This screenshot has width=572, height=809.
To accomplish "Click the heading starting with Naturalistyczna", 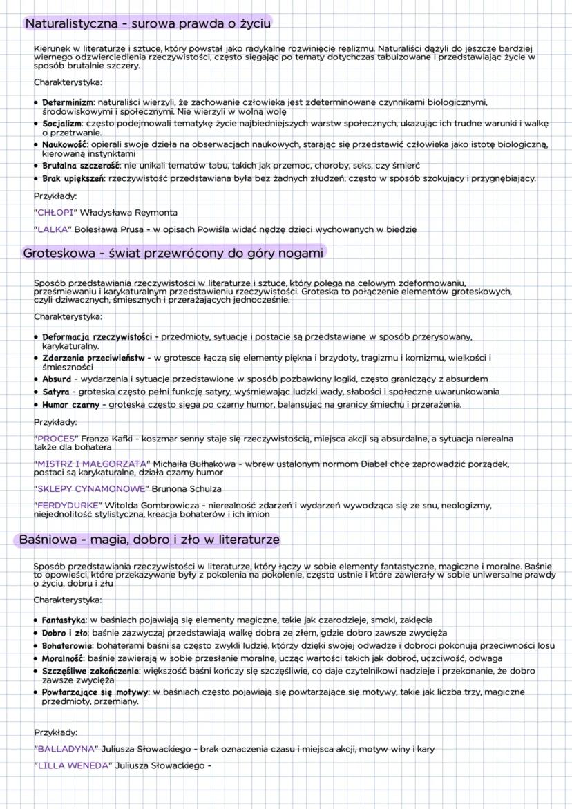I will pyautogui.click(x=148, y=23).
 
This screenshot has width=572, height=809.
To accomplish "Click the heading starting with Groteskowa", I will pyautogui.click(x=173, y=253).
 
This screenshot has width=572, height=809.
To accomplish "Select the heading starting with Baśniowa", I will pyautogui.click(x=149, y=539).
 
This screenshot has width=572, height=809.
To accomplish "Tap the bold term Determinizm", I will pyautogui.click(x=68, y=102).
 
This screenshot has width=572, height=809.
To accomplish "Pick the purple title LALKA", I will pyautogui.click(x=53, y=229).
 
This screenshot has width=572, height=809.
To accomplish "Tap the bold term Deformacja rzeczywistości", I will pyautogui.click(x=97, y=336).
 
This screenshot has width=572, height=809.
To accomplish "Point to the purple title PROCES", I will pyautogui.click(x=57, y=438).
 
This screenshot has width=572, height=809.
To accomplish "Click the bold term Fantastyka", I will pyautogui.click(x=64, y=620).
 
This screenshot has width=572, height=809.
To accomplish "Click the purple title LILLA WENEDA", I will pyautogui.click(x=72, y=765).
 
